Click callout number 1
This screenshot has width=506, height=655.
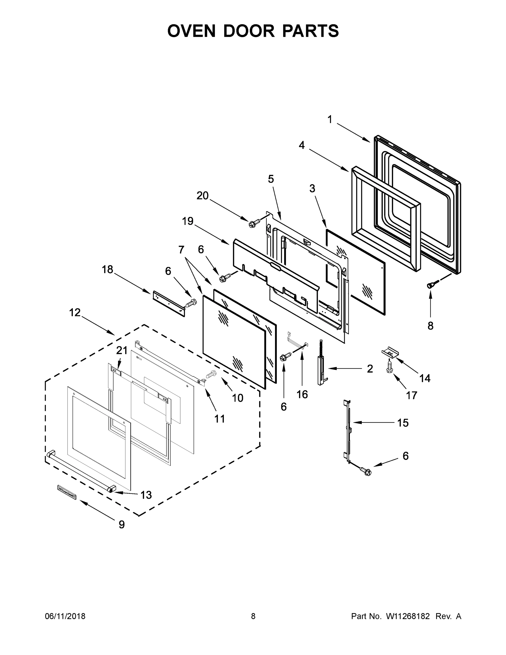pos(330,120)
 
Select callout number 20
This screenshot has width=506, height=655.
pos(202,195)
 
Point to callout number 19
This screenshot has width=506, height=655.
pos(188,221)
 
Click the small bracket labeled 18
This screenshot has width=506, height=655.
pos(169,303)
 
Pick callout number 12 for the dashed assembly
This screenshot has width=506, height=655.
pos(75,312)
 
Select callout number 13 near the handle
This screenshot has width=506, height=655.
pos(146,495)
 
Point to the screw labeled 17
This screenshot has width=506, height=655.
pos(390,367)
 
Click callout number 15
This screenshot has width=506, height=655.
pos(403,423)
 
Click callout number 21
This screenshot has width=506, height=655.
pos(122,350)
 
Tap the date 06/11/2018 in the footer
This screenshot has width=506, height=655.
pos(65,616)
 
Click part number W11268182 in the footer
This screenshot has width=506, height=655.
pos(408,616)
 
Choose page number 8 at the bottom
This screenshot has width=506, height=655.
pos(253,616)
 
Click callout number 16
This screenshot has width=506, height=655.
pos(302,394)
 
